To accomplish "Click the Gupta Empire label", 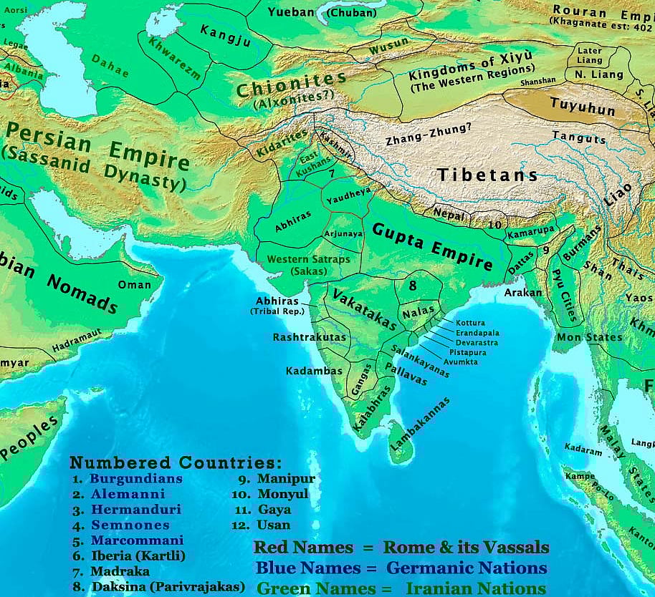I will [x=432, y=246].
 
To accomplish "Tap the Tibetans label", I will [x=487, y=174].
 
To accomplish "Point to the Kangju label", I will [x=226, y=35].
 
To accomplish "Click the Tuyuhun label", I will [x=583, y=107].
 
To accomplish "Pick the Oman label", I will [x=135, y=285].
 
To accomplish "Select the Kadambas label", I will [x=315, y=371].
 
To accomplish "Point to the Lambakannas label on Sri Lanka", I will [x=421, y=425].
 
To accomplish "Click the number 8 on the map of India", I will [x=413, y=286].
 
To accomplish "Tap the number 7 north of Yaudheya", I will [x=332, y=174].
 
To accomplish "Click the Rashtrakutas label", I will [x=310, y=337].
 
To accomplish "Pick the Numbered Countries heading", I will [x=176, y=462].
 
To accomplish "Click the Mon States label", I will [x=579, y=337].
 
